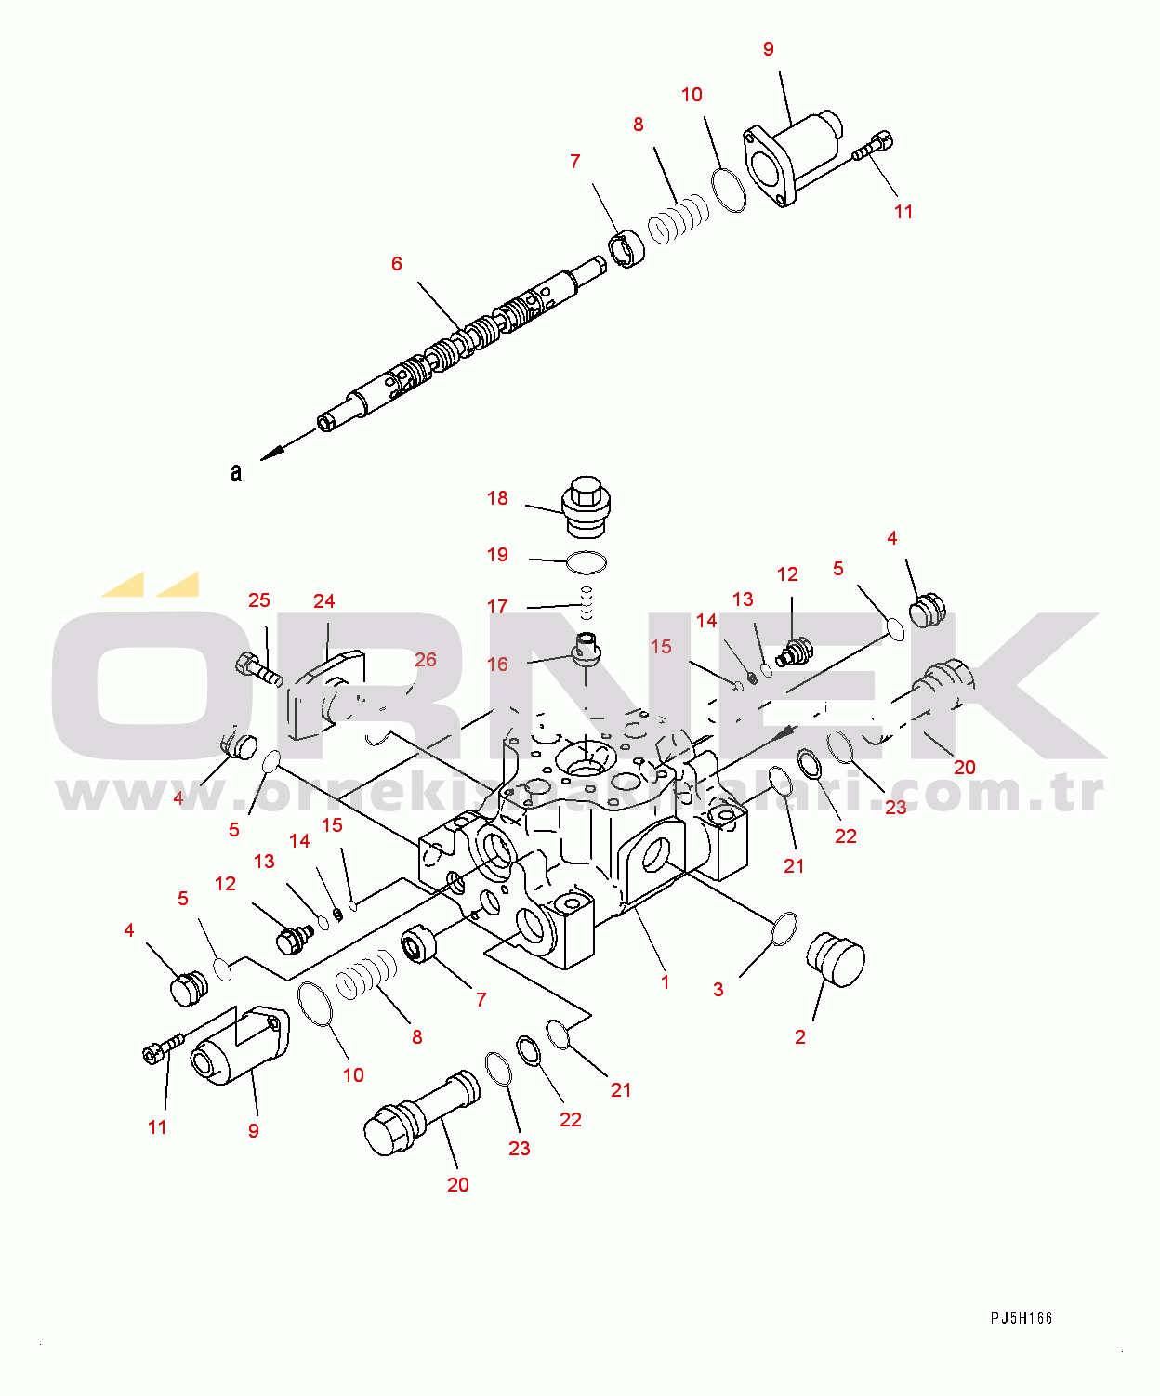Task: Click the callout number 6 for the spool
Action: coord(397,264)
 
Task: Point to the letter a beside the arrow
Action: coord(236,472)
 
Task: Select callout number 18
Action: coord(497,498)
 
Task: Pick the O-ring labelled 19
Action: coord(587,562)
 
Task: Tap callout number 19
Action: coord(497,555)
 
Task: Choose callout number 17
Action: coord(497,607)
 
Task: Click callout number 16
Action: coord(497,665)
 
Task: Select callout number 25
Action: coord(259,600)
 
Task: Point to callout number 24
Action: coord(323,601)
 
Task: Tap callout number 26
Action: coord(425,660)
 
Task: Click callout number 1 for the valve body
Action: coord(665,982)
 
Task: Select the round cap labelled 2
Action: coord(837,959)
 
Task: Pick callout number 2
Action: coord(800,1037)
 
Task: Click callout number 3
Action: coord(718,990)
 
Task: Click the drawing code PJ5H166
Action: coord(1021,1318)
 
